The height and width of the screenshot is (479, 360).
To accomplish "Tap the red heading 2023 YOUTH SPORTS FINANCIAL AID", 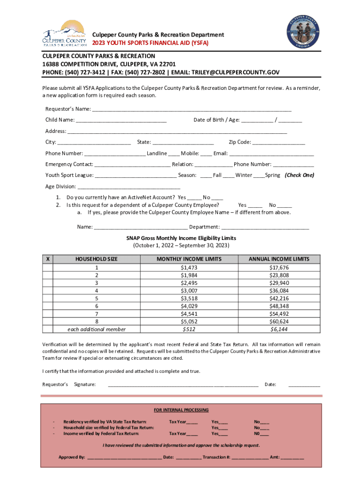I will pyautogui.click(x=150, y=43).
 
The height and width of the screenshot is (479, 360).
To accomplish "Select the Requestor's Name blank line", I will pyautogui.click(x=192, y=109).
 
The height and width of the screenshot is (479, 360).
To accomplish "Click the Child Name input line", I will pyautogui.click(x=121, y=121).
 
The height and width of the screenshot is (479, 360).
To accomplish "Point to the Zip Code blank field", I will pyautogui.click(x=279, y=143).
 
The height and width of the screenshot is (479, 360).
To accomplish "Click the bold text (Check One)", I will pyautogui.click(x=299, y=175).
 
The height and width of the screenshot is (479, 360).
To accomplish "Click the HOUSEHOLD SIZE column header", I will pyautogui.click(x=97, y=259).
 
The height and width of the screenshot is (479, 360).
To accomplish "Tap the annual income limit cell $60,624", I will pyautogui.click(x=279, y=321).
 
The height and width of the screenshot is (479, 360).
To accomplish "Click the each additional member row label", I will pyautogui.click(x=97, y=329).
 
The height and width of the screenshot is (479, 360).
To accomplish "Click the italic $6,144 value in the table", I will pyautogui.click(x=279, y=329).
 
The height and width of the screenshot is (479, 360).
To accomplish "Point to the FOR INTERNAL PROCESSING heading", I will pyautogui.click(x=181, y=410).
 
